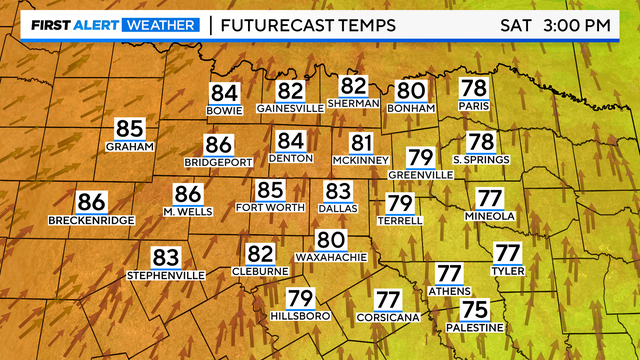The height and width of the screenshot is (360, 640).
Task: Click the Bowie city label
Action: (x=224, y=110)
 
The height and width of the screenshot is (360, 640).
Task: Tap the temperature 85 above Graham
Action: (x=130, y=128)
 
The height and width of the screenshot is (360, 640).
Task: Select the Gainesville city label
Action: (x=289, y=107)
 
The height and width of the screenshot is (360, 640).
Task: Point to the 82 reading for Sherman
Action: (x=353, y=86)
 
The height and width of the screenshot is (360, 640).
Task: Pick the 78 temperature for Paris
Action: (x=472, y=88)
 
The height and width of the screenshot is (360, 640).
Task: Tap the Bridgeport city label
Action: (x=217, y=161)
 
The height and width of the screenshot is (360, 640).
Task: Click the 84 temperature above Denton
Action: (x=290, y=141)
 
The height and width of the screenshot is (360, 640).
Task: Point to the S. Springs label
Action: (x=481, y=159)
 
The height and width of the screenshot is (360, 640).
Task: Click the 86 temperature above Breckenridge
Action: (x=91, y=201)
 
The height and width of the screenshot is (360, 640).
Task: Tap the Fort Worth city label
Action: (x=269, y=207)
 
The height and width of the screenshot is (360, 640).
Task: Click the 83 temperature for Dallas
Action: (x=338, y=190)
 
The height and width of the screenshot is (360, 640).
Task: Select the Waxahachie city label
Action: (x=330, y=257)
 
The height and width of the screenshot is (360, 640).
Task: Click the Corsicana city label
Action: (x=386, y=316)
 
